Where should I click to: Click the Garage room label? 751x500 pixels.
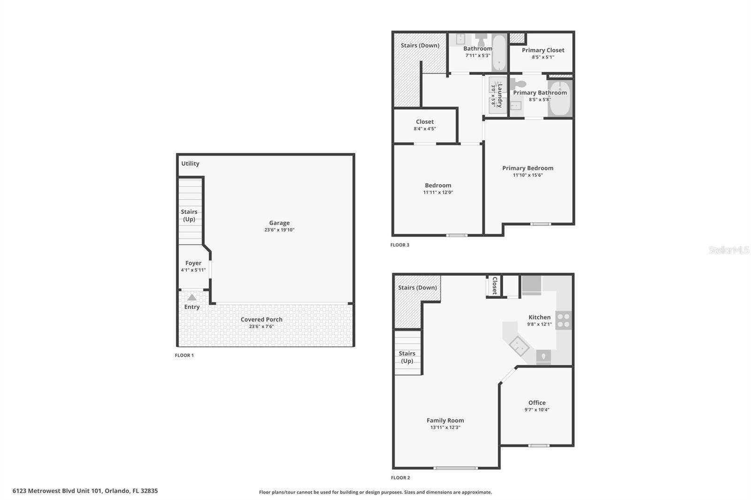point(279,223)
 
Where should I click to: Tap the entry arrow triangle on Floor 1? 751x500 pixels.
point(192,297)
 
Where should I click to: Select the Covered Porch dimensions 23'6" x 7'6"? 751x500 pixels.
point(261,326)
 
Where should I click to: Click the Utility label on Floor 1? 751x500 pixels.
point(190,164)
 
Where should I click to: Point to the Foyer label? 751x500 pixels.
point(193,263)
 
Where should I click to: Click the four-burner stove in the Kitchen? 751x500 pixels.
point(563,320)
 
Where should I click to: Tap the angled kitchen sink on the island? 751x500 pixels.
point(519,346)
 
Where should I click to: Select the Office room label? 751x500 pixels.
point(537,403)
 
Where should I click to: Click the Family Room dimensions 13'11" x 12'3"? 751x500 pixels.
point(445,427)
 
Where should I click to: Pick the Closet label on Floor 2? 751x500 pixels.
point(495,286)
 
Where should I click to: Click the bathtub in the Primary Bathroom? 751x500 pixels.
point(560,98)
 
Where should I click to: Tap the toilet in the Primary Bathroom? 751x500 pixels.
point(518,84)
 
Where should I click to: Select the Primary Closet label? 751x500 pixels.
point(543,50)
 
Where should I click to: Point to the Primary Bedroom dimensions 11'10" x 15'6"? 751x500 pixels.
point(528,175)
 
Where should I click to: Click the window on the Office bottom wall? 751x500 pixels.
point(539,446)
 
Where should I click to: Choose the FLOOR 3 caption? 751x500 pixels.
point(399,245)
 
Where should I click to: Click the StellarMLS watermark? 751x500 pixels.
point(728,250)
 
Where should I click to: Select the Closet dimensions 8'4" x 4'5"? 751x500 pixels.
point(425,129)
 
